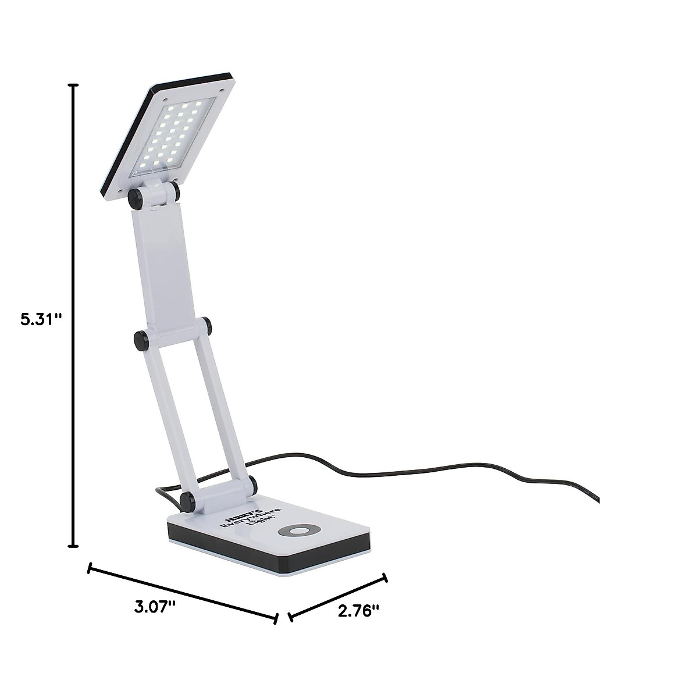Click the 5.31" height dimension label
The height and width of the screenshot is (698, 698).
tap(40, 319)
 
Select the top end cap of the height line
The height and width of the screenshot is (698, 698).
tap(73, 85)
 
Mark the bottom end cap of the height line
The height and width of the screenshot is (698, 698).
tap(73, 546)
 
